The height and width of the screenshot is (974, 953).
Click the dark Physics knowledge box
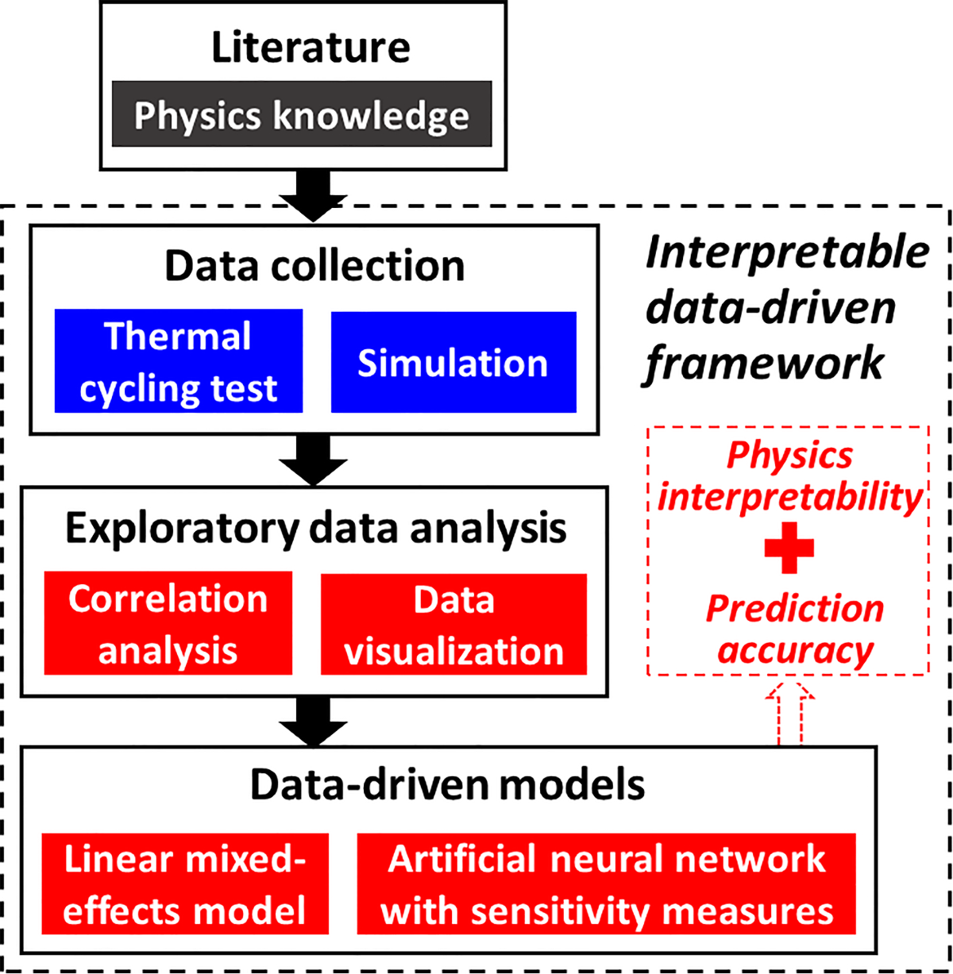click(x=301, y=115)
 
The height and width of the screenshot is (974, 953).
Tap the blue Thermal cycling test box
click(x=179, y=362)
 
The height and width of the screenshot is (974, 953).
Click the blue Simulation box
click(x=453, y=363)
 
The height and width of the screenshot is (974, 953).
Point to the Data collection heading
click(x=314, y=266)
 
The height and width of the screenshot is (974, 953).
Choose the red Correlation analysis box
click(x=168, y=624)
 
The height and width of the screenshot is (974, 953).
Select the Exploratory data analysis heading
click(x=314, y=527)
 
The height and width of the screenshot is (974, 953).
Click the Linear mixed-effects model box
click(x=185, y=884)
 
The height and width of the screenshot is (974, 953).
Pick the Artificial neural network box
click(x=606, y=884)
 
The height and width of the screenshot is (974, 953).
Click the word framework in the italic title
click(x=763, y=364)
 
